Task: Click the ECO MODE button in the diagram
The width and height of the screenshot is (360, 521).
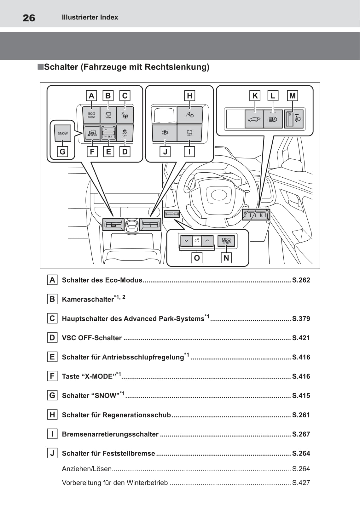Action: (91, 115)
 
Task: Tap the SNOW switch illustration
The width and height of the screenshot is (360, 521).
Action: (63, 133)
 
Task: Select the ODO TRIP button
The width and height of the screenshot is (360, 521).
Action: (226, 241)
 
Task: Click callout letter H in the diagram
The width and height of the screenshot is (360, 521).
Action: (189, 96)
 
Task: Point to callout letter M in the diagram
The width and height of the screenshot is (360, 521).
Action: (293, 96)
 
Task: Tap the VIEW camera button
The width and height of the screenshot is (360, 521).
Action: (108, 115)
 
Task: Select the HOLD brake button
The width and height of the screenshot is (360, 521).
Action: (189, 133)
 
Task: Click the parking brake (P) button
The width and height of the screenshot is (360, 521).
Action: (165, 133)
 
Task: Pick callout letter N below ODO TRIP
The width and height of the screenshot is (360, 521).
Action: (226, 258)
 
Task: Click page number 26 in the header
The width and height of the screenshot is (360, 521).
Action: (29, 18)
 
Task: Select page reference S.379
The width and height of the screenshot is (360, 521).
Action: (301, 318)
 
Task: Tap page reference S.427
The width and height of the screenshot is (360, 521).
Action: (301, 483)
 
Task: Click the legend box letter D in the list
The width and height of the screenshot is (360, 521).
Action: (52, 338)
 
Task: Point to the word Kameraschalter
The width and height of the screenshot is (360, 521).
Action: (88, 299)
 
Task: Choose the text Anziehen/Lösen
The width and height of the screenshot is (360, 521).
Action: (87, 469)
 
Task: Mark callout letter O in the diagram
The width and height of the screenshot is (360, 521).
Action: (197, 258)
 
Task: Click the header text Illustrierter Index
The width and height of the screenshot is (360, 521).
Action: (90, 17)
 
